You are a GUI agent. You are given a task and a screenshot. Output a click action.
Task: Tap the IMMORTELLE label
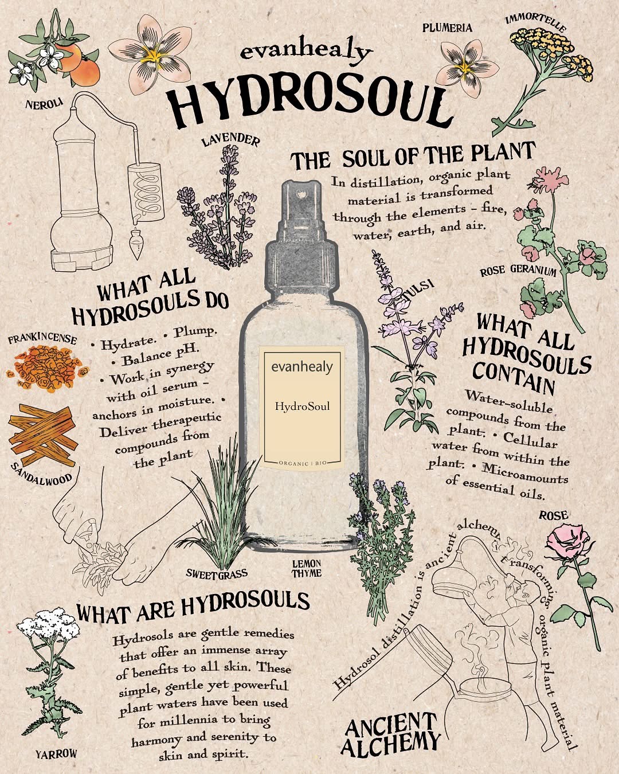(536, 22)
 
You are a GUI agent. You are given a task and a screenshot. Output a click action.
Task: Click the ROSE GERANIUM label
(518, 271)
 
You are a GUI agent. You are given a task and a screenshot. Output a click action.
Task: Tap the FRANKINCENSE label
(42, 339)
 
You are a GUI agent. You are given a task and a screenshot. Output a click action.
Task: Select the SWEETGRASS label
(217, 573)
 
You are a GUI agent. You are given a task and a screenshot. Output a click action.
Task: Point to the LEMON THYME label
(307, 568)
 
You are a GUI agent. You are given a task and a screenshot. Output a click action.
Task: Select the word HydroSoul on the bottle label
(302, 407)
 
